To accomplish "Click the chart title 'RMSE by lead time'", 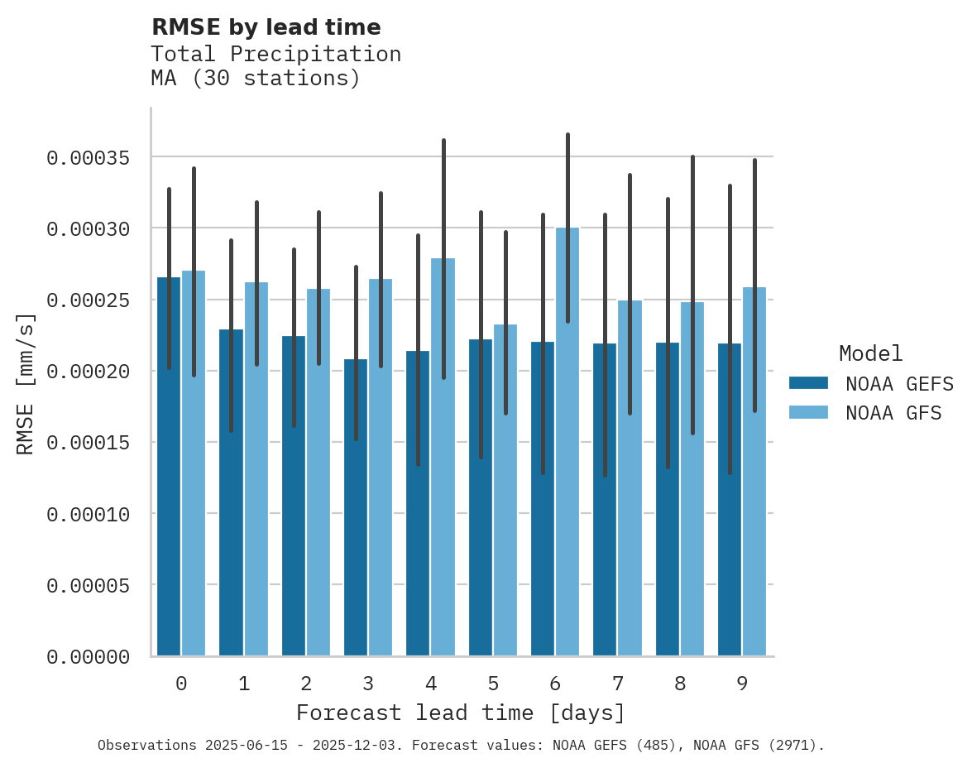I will coord(266,27).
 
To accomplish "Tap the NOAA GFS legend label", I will coord(893,413).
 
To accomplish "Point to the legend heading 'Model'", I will coord(870,353).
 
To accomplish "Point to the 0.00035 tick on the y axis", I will coord(88,157).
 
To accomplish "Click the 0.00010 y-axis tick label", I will coord(88,515).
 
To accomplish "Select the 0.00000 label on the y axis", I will coord(88,657).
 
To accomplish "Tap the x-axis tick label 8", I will coord(680,684).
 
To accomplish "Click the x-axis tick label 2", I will coord(306,684).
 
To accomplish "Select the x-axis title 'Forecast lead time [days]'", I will coord(461,713).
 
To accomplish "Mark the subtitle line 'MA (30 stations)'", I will coord(256,79).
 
